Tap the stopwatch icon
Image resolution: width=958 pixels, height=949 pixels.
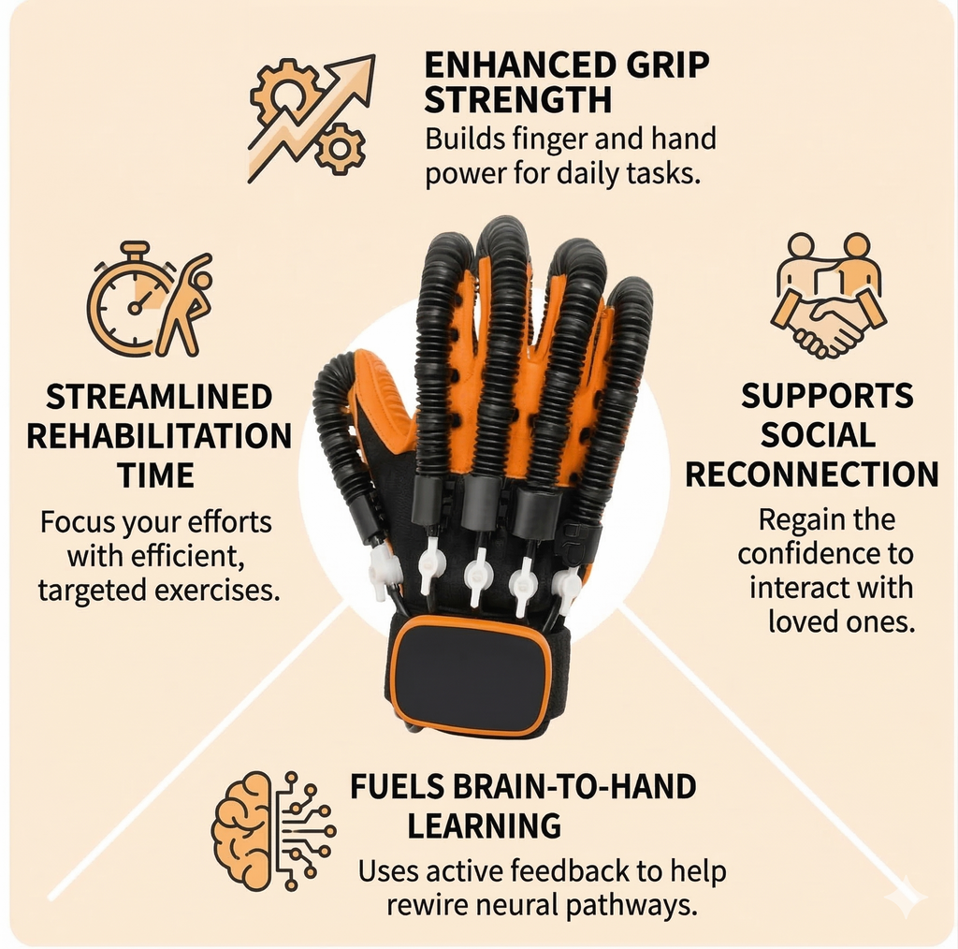132,303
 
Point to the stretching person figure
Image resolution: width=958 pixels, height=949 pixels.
184,303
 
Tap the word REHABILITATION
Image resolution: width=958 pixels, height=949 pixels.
159,436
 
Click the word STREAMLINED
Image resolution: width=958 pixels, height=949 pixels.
159,397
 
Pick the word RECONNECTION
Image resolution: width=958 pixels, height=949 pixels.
812,474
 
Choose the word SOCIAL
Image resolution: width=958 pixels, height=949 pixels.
818,435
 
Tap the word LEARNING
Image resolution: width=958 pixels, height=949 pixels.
485,826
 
